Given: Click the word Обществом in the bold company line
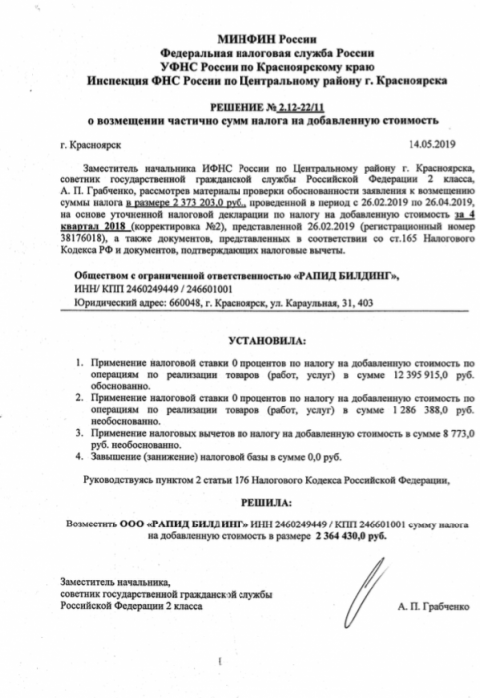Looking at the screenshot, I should coord(93,269).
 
